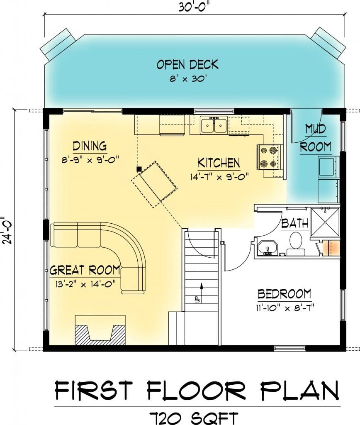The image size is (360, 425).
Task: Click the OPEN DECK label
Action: [x=187, y=64]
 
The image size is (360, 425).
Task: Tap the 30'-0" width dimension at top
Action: [x=194, y=7]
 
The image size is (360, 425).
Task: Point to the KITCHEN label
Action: [x=219, y=163]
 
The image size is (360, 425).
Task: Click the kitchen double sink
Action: [x=214, y=125]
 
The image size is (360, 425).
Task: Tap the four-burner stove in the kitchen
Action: [x=267, y=157]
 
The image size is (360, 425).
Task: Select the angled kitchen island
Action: [x=154, y=184]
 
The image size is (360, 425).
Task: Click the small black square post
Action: [x=139, y=169]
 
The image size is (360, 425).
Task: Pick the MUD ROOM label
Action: [x=315, y=138]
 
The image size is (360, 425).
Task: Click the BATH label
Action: [x=295, y=223]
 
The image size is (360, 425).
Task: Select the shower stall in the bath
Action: [x=324, y=222]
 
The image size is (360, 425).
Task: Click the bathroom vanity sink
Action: [x=267, y=248]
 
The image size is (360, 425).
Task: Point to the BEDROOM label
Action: [x=284, y=294]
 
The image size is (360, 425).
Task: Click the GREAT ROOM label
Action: [x=85, y=270]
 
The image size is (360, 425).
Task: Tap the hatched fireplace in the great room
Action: [x=100, y=330]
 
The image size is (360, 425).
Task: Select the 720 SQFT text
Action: [x=194, y=418]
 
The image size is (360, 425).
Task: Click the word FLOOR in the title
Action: [x=196, y=391]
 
